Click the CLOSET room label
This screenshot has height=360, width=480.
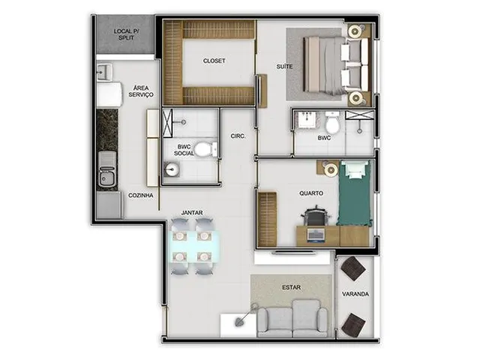coord(214,61)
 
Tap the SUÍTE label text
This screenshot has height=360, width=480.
coord(284,67)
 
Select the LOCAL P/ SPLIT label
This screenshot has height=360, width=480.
coord(126,34)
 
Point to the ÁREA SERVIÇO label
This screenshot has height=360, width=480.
coord(141,91)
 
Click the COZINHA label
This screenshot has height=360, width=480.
coord(140,195)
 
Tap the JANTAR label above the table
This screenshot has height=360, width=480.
coord(192,212)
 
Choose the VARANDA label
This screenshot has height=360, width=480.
coord(355,294)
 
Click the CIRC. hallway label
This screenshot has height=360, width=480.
coord(238,136)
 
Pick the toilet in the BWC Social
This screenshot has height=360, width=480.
coord(206,149)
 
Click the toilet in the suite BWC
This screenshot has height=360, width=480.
coord(332,123)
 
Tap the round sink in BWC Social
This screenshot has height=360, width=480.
coord(172,169)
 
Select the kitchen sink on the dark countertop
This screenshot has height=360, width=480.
coord(106,169)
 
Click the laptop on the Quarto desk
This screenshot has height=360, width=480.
coord(315,235)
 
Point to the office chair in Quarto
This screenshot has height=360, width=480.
coord(315,217)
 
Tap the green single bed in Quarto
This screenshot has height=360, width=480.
coord(354,193)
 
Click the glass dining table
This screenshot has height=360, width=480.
coord(194,247)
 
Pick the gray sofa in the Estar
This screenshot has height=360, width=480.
coord(292,319)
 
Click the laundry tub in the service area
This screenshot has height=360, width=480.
coord(104,73)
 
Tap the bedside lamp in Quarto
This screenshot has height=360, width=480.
coord(331,169)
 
